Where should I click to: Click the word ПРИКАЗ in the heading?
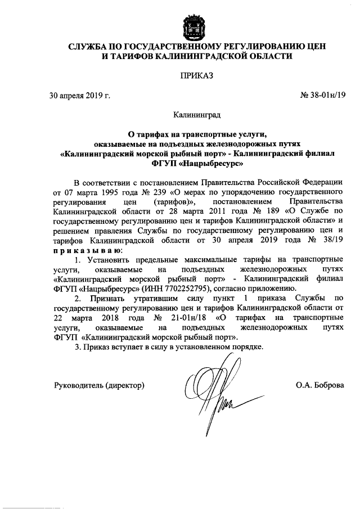(x=179, y=75)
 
